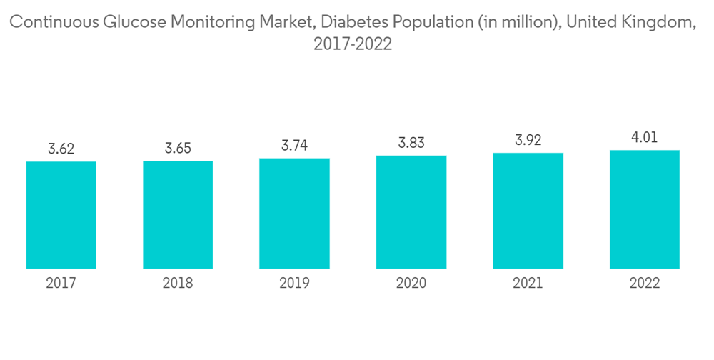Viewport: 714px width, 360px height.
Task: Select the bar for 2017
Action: (x=61, y=215)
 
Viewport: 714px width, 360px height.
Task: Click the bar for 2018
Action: (x=178, y=214)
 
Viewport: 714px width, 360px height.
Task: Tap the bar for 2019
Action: (x=294, y=213)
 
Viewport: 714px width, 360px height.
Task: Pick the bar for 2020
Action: (x=411, y=211)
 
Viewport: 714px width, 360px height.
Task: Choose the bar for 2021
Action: (x=528, y=211)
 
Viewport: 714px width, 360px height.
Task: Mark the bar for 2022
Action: (x=645, y=209)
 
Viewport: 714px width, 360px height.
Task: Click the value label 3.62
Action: (x=61, y=149)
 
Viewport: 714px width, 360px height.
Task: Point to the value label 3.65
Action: (x=178, y=149)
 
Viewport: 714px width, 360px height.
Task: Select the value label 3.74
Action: (x=294, y=146)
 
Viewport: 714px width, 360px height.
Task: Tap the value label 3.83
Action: (x=411, y=143)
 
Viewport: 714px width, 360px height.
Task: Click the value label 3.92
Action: (x=528, y=141)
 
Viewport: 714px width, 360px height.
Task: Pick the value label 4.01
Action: (x=645, y=138)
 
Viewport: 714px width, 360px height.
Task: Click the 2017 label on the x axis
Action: (x=61, y=284)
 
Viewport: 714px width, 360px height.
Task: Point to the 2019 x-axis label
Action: (x=294, y=284)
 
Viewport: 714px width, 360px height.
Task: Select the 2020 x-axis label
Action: (x=411, y=284)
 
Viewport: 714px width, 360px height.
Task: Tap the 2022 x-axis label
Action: (x=645, y=284)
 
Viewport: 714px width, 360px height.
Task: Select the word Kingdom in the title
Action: (x=657, y=23)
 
